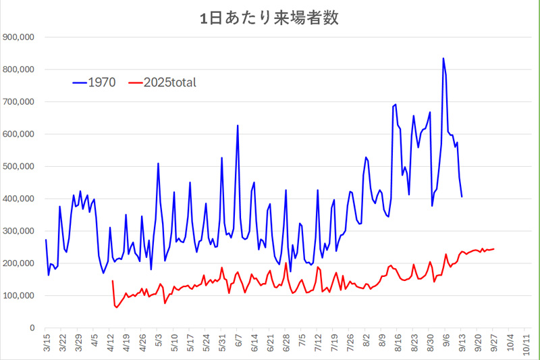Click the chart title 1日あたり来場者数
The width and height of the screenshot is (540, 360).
point(269,18)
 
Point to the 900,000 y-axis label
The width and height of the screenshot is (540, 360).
point(21,37)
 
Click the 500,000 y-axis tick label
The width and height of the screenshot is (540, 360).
point(21,166)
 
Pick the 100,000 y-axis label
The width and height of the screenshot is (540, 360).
point(21,295)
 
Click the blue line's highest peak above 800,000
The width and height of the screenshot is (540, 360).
point(443,59)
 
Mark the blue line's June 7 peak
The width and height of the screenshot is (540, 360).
point(238,126)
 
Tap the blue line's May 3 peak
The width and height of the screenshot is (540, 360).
point(158,163)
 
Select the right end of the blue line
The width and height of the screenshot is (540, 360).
point(462,197)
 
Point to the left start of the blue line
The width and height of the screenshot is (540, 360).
point(46,240)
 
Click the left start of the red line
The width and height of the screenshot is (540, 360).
point(112,281)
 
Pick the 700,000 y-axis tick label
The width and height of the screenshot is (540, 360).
point(21,102)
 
